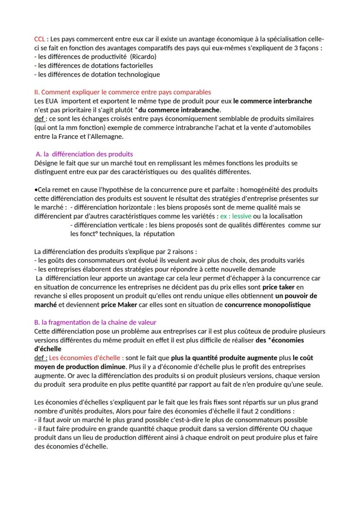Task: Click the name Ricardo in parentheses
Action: [x=143, y=57]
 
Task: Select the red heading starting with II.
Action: [x=123, y=92]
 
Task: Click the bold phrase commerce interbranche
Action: [x=273, y=101]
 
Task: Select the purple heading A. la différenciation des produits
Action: [x=84, y=154]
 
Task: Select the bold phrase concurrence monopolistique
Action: [x=267, y=305]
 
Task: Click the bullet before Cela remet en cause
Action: [x=36, y=190]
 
